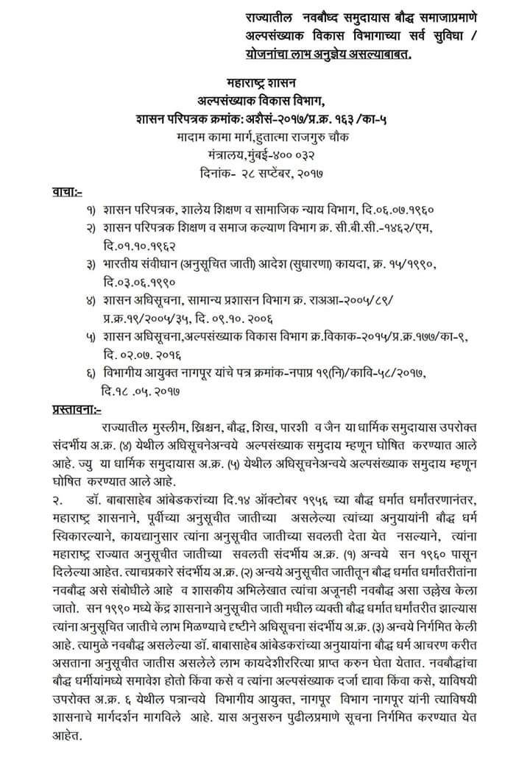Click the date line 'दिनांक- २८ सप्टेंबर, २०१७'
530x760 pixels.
pyautogui.click(x=266, y=174)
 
